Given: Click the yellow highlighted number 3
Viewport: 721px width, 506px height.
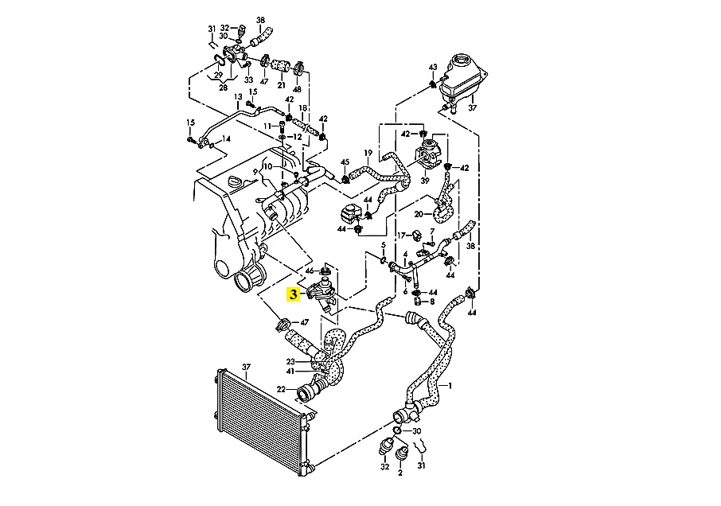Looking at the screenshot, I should [294, 294].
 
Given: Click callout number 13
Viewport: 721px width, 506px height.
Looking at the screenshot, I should [238, 97].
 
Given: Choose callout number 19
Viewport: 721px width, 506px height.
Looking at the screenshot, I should [368, 153].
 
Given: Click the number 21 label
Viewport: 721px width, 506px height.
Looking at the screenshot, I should [281, 84].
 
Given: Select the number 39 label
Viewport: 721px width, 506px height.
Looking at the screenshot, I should [425, 181].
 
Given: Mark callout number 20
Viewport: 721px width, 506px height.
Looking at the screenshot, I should [419, 213].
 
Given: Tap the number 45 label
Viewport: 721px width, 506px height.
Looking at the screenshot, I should [345, 162].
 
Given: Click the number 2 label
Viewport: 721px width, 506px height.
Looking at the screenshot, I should [400, 473].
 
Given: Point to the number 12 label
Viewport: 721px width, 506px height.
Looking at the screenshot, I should [298, 137].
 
